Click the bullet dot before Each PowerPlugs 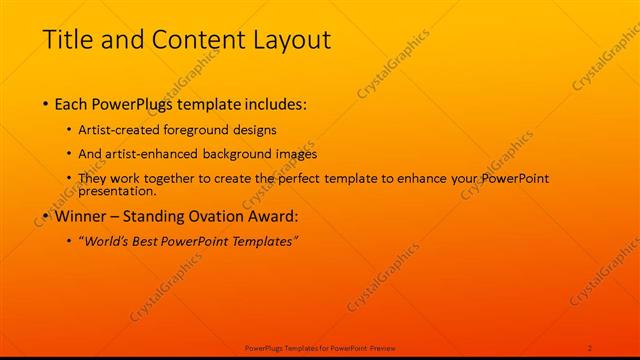tap(47, 104)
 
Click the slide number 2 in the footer tap(590, 347)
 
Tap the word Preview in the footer tap(383, 347)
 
